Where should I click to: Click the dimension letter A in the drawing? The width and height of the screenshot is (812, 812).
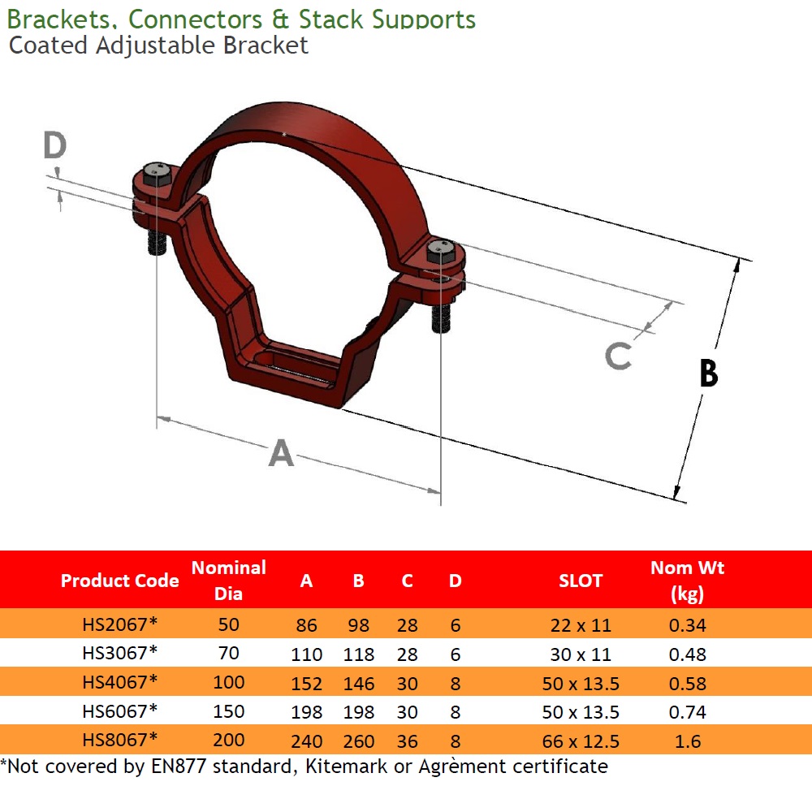click(x=281, y=453)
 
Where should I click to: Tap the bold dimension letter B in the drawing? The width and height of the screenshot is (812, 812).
click(x=708, y=374)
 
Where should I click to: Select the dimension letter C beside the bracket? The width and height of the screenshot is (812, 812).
click(x=618, y=355)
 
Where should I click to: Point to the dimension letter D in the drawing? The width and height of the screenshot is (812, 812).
click(x=54, y=146)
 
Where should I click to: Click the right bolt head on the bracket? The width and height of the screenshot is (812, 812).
click(x=441, y=250)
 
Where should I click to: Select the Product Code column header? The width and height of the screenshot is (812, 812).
click(x=119, y=581)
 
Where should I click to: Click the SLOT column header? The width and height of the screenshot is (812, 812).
click(x=581, y=581)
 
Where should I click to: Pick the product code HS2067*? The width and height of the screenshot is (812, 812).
click(x=119, y=624)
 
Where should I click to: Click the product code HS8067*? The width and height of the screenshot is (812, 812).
click(x=119, y=740)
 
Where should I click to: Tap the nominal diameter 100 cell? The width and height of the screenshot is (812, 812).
click(x=228, y=683)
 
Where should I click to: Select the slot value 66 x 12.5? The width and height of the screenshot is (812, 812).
click(x=581, y=741)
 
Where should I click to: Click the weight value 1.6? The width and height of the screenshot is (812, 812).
click(x=687, y=741)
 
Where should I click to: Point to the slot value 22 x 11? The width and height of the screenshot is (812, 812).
click(x=581, y=625)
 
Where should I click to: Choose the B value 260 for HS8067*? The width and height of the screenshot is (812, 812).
click(x=358, y=741)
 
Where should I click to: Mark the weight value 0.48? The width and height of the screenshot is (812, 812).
click(x=687, y=654)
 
